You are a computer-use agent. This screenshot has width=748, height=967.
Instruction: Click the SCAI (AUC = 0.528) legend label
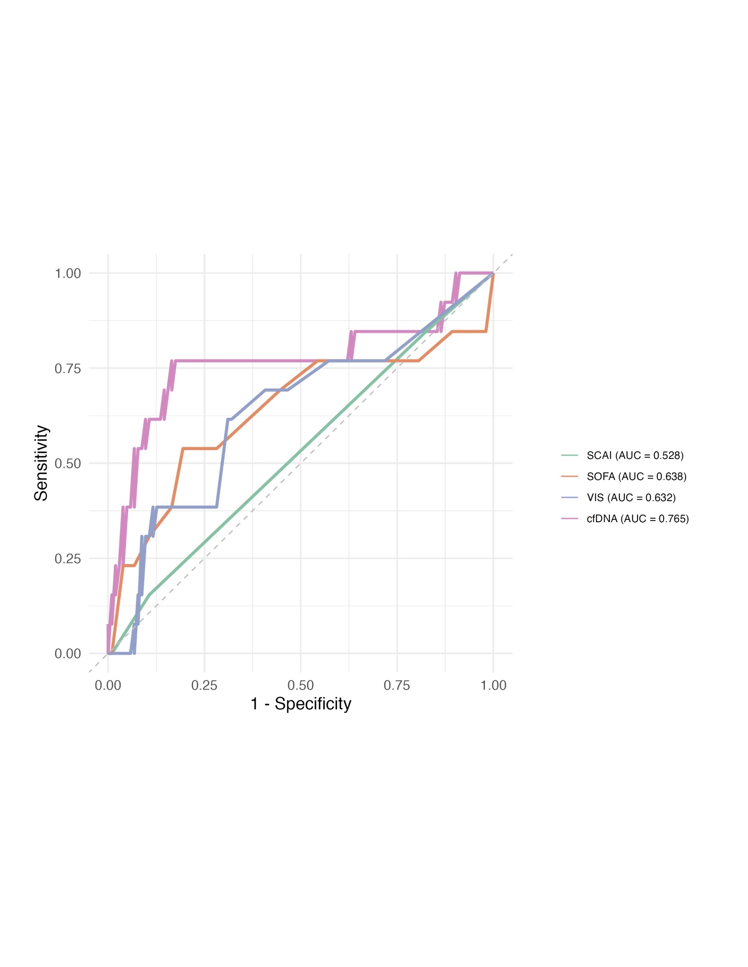634,455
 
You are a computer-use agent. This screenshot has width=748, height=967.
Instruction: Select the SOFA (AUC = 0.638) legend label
636,476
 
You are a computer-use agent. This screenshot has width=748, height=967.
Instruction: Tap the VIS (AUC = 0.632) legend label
631,498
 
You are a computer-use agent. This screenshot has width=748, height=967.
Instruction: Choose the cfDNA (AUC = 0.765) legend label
638,519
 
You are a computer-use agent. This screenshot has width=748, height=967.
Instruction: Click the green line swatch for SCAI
569,455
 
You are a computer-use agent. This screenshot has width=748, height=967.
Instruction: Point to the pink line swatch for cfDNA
569,519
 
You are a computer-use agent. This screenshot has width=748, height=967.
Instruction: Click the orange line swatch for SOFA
569,476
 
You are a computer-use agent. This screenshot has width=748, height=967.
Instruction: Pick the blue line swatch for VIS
569,498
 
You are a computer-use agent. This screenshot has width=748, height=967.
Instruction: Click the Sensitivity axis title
41,463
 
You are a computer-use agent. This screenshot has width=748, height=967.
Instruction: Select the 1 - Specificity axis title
301,704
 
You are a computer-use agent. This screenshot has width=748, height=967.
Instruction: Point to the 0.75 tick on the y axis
68,368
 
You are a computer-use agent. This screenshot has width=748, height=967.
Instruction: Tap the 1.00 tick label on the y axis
68,274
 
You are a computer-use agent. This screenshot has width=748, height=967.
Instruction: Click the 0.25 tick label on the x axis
204,685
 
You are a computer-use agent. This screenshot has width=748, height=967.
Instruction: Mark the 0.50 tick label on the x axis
301,685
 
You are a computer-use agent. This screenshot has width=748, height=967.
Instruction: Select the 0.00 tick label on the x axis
108,685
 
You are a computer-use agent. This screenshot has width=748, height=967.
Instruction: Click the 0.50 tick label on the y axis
68,464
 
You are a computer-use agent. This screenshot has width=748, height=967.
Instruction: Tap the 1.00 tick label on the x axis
493,685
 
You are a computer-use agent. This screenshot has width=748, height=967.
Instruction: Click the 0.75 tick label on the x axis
396,685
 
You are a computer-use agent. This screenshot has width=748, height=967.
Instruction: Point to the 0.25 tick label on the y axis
68,559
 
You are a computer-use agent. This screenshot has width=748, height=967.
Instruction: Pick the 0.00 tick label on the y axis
68,654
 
